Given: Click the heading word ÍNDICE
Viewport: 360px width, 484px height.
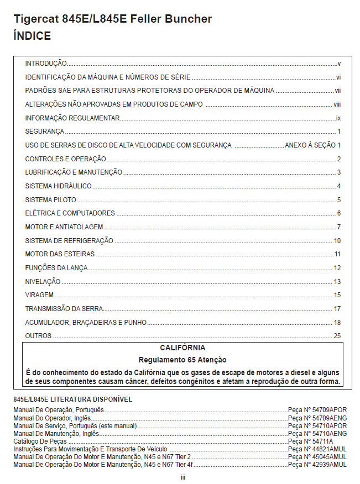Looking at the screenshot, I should pos(33,36).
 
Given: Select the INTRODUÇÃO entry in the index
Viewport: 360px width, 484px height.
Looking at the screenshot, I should pos(46,64).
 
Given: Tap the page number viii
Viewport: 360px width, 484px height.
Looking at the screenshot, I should pos(337,104).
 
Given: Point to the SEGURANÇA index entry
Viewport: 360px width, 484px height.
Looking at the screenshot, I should pos(45,131).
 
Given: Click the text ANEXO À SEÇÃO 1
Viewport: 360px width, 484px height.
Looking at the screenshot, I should pos(312,145).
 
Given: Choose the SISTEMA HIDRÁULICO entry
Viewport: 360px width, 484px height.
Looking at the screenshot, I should pos(58,186).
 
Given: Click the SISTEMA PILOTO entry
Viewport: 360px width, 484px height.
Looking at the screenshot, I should pos(51,200).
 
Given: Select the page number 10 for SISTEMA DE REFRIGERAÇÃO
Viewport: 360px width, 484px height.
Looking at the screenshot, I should pos(337,241).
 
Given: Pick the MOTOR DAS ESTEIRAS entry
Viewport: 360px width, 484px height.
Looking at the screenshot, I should pos(60,254).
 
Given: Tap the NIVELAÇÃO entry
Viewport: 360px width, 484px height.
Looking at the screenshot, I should pos(43,282).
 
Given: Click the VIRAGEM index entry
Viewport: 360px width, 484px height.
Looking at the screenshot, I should pos(39,295).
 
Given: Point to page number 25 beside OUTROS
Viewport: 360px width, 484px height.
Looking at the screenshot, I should pos(337,336).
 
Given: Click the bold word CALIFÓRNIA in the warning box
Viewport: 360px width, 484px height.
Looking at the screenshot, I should pos(182,348).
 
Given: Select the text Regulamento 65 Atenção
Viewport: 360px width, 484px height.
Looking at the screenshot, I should pos(182,360).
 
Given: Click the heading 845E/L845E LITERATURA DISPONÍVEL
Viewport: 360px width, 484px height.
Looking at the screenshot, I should pos(72,399).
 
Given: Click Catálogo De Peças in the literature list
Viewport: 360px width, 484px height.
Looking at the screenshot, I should pos(40,441).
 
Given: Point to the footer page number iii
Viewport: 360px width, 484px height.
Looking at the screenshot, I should pos(182,477).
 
